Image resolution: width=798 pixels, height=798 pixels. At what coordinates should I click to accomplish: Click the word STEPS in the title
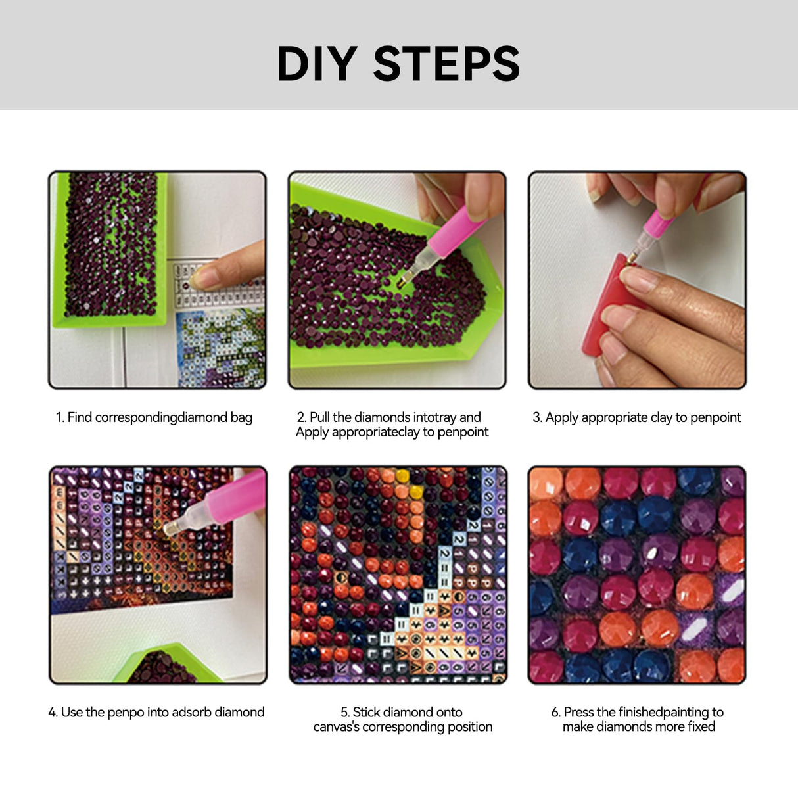tap(446, 64)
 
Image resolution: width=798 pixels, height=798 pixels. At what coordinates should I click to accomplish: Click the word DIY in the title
tap(317, 64)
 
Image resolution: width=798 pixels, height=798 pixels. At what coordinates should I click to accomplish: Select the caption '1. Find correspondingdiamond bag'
tap(154, 417)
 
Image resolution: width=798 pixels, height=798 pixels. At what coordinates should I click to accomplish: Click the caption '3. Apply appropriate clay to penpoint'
tap(636, 417)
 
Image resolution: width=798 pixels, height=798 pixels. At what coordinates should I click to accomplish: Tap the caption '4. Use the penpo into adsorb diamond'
tap(156, 712)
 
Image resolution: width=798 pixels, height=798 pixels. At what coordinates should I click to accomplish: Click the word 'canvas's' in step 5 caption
tap(336, 727)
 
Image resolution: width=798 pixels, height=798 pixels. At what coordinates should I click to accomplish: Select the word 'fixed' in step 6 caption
tap(701, 727)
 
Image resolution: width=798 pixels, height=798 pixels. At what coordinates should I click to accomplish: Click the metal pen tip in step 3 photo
tap(632, 256)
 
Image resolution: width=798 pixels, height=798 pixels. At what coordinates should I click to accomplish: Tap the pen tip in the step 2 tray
tap(402, 281)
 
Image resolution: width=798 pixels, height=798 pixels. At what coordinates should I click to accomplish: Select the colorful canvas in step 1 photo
tap(220, 348)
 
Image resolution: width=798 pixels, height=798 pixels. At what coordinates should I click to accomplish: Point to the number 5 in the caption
tap(344, 713)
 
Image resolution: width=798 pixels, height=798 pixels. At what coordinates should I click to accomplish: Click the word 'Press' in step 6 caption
tap(578, 713)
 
